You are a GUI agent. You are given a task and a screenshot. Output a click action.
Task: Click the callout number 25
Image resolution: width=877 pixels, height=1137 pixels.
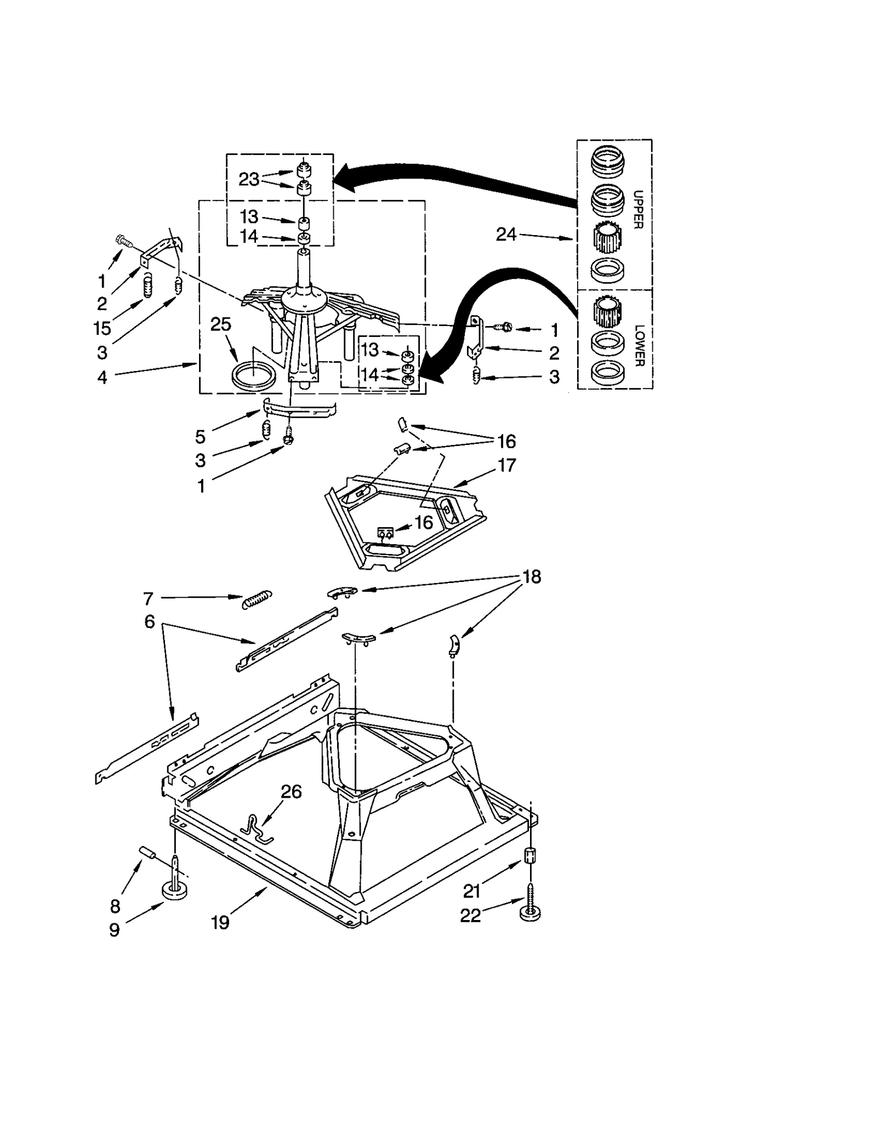pyautogui.click(x=220, y=324)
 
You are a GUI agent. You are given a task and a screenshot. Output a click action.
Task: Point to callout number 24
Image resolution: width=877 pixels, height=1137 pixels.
pyautogui.click(x=506, y=235)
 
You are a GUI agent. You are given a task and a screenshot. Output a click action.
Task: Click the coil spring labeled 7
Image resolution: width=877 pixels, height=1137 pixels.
pyautogui.click(x=257, y=598)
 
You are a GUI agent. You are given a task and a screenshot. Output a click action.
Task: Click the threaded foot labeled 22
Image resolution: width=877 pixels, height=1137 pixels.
pyautogui.click(x=530, y=911)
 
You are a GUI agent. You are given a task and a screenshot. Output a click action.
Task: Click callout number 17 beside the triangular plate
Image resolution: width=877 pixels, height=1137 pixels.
pyautogui.click(x=506, y=465)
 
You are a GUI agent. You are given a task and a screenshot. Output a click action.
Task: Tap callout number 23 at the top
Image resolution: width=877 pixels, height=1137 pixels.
pyautogui.click(x=249, y=179)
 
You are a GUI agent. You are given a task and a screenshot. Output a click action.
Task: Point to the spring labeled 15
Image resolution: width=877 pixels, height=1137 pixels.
pyautogui.click(x=147, y=286)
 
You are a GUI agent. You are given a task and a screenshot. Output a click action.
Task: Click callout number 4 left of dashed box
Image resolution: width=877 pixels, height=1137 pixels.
pyautogui.click(x=102, y=378)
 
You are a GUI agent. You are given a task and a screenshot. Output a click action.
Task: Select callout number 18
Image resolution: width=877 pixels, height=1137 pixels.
pyautogui.click(x=532, y=576)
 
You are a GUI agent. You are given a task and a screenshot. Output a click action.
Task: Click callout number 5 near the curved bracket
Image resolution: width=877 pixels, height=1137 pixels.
pyautogui.click(x=200, y=437)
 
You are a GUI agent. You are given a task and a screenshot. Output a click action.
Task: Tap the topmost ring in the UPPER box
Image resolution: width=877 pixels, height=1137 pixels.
pyautogui.click(x=608, y=162)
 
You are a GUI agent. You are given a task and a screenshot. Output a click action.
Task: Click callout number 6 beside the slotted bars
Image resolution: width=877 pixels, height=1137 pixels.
pyautogui.click(x=150, y=622)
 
